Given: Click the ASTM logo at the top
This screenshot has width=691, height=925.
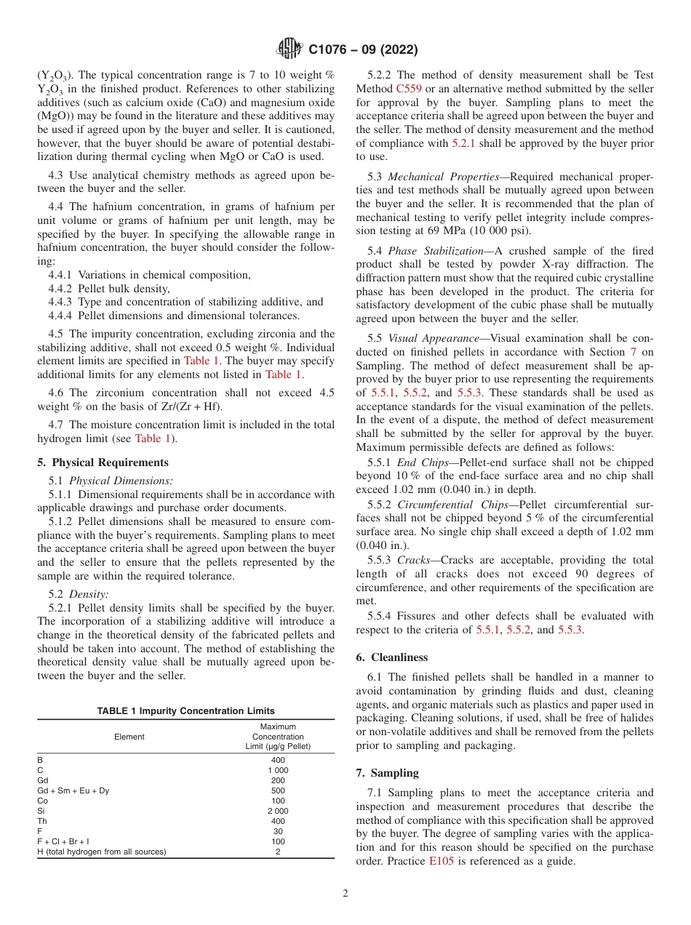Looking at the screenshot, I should [x=289, y=49].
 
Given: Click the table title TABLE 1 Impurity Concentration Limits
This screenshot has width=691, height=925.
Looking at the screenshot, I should [x=185, y=711].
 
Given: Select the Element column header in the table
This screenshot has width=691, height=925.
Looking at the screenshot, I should [x=129, y=737].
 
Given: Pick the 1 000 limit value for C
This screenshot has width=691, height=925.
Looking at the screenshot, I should [x=278, y=770].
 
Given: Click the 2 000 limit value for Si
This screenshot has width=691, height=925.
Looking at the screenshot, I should [x=278, y=811].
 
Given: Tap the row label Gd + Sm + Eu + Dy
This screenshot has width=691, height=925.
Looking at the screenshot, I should [x=73, y=790].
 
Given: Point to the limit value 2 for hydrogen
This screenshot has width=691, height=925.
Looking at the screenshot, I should [x=278, y=852].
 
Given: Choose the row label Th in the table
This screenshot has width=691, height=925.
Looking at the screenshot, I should [x=42, y=821].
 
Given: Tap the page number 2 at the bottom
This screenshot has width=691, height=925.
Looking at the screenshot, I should [x=345, y=894].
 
